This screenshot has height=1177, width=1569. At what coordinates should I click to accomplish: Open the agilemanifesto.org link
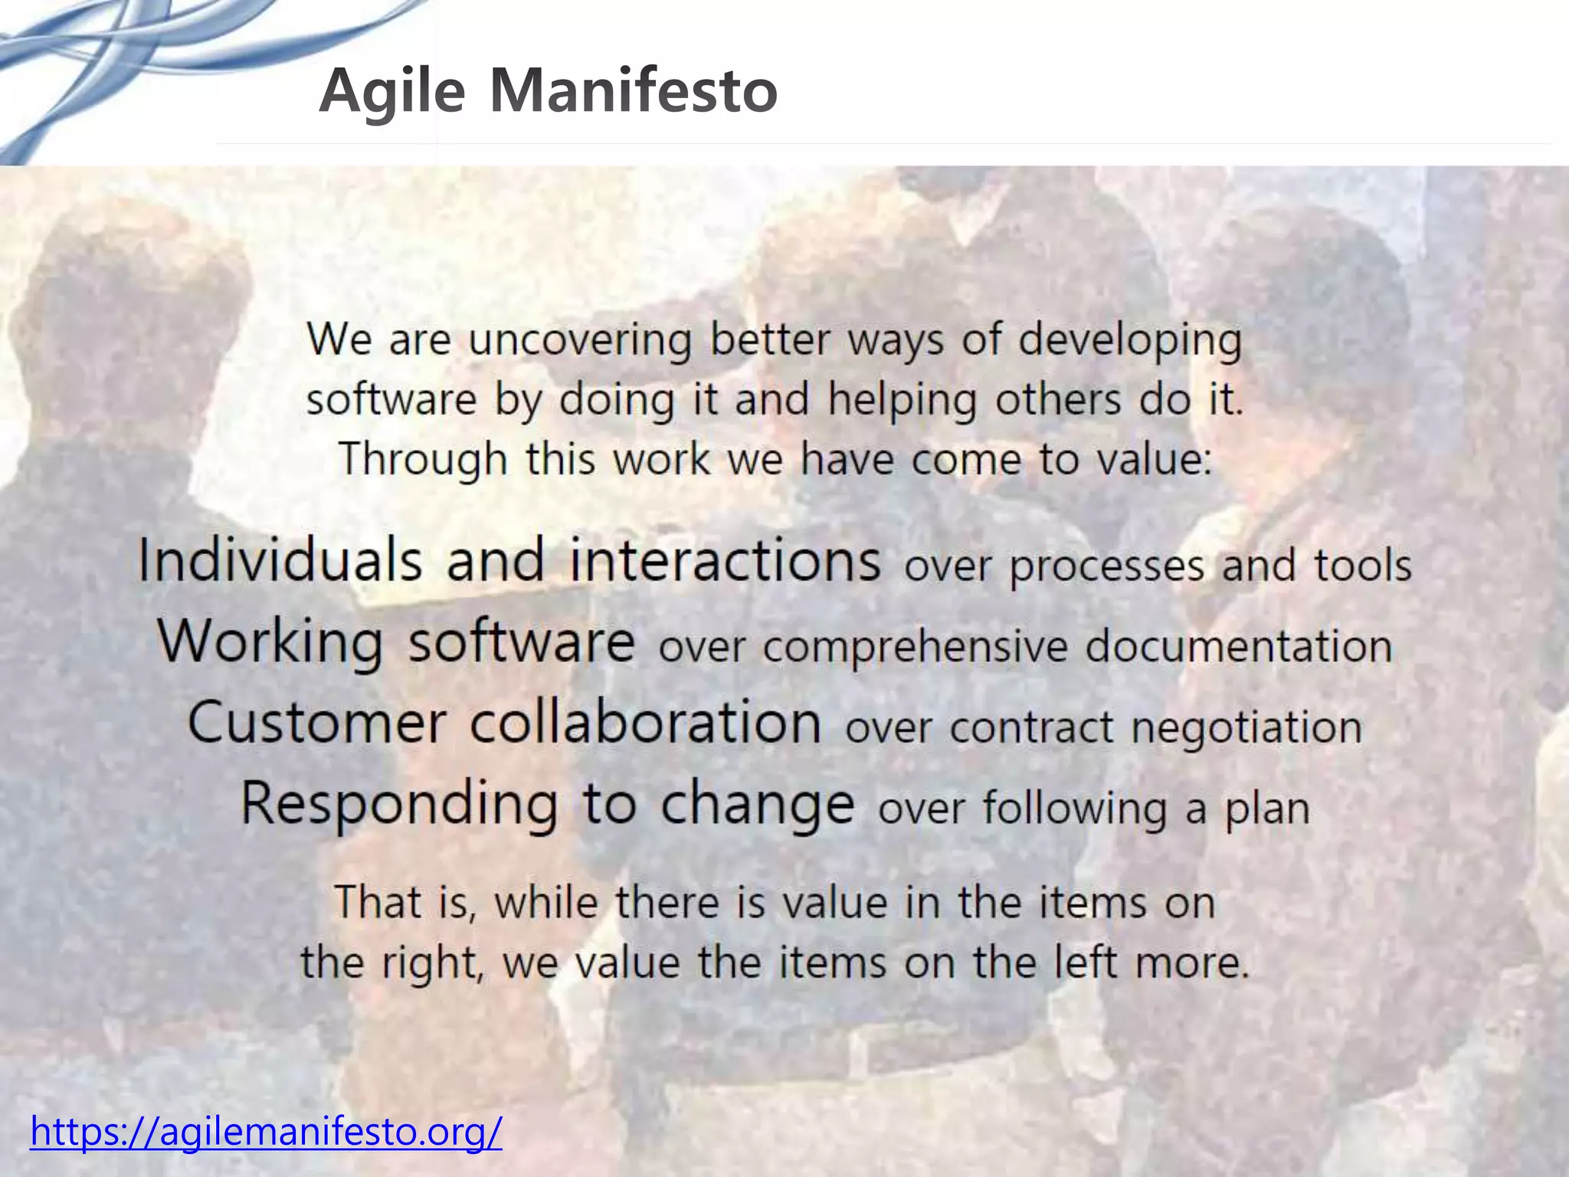(266, 1131)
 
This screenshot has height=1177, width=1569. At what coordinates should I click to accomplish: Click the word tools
(1362, 566)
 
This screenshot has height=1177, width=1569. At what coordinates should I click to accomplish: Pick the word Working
(270, 642)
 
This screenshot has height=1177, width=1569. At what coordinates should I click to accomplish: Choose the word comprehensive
(915, 647)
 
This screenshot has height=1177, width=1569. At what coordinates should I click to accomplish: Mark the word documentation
(1239, 646)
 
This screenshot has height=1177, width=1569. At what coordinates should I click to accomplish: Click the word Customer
(317, 723)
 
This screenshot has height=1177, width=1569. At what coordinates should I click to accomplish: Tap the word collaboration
(645, 723)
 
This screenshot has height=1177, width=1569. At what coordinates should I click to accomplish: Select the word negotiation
(1246, 728)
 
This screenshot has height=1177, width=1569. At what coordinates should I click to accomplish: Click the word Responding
(399, 805)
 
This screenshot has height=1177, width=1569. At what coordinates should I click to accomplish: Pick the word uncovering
(580, 339)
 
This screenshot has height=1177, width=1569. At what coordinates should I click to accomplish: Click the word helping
(902, 400)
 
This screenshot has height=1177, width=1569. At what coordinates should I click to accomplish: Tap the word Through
(423, 460)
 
